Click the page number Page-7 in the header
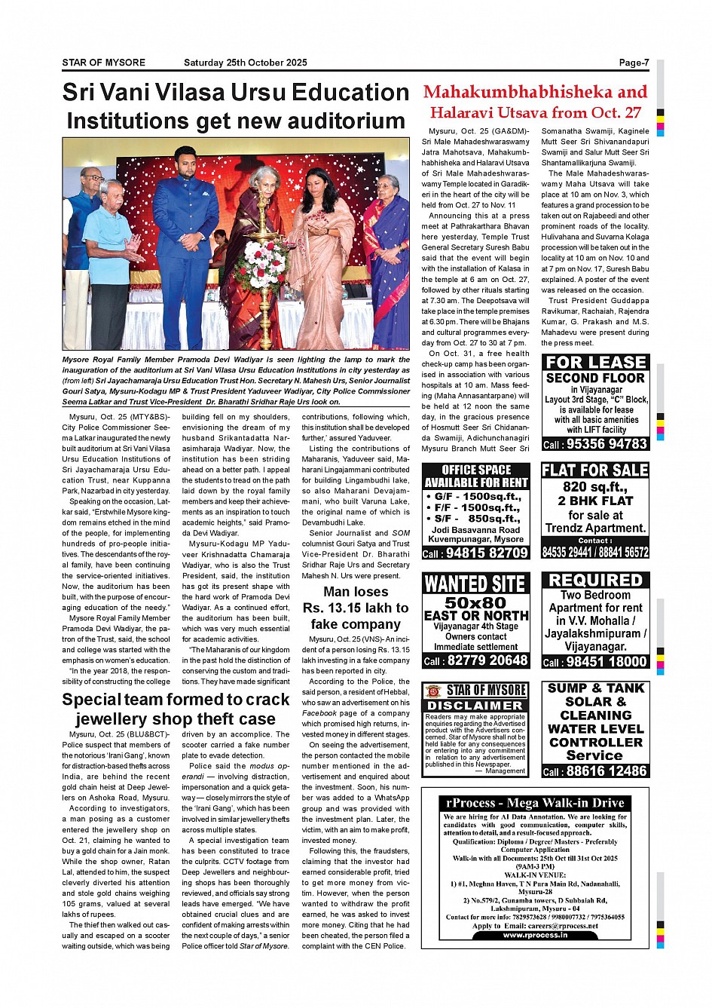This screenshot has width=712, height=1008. (633, 63)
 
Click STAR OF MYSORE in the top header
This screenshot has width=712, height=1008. (103, 63)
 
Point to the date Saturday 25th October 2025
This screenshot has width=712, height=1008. (245, 63)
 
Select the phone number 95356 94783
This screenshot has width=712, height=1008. (606, 444)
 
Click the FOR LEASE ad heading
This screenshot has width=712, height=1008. (595, 363)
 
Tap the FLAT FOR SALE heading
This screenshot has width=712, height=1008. (595, 470)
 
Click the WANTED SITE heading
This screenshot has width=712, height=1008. (475, 584)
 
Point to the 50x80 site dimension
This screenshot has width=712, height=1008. (475, 602)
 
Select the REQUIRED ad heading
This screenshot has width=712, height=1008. (595, 580)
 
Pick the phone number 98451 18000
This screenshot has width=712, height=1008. (606, 662)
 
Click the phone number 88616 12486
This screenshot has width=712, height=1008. (606, 771)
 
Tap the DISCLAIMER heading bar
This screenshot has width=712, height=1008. (475, 706)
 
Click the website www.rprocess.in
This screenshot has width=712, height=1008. (535, 935)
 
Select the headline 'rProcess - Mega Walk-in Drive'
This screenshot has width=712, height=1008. (535, 803)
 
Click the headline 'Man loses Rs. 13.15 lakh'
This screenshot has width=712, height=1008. (356, 608)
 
